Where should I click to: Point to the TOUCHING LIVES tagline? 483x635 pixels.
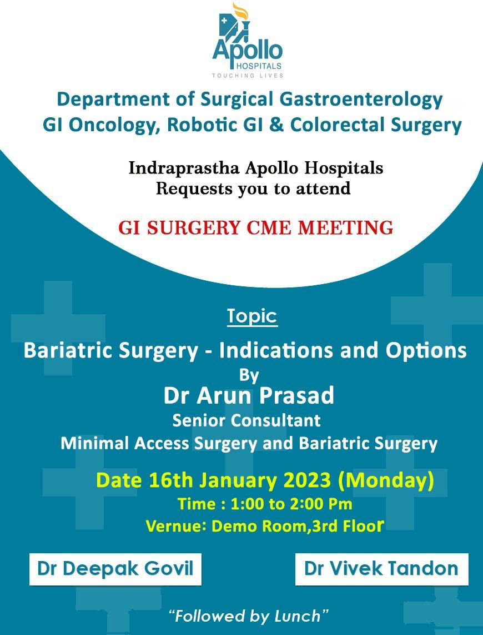[248, 75]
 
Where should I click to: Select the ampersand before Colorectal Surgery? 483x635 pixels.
[276, 125]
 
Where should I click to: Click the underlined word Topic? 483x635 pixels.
[252, 316]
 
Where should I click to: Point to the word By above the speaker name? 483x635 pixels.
[249, 376]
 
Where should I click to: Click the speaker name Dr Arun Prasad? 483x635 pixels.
[249, 395]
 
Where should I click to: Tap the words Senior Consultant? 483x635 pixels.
[246, 420]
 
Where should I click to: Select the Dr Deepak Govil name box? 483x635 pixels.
[115, 569]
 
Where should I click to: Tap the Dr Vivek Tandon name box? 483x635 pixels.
[381, 569]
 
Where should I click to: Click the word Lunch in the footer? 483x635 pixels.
[297, 616]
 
